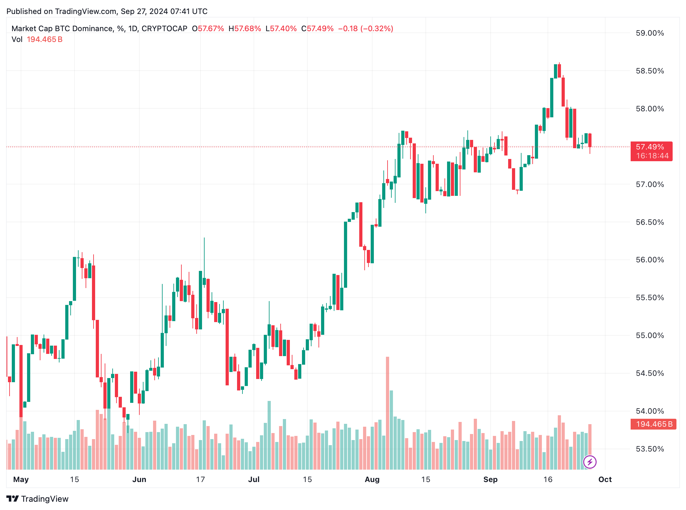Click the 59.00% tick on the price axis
(649, 33)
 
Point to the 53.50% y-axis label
(649, 449)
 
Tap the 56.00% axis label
(649, 260)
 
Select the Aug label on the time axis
(372, 479)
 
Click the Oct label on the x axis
(605, 479)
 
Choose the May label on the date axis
(21, 479)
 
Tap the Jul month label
(254, 479)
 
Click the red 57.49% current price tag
(650, 147)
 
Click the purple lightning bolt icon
(590, 462)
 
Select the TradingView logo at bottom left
(37, 499)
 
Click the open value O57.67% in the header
(208, 29)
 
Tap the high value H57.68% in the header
(245, 29)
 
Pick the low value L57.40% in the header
(281, 29)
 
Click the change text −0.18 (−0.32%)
(366, 29)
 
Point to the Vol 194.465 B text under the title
(37, 39)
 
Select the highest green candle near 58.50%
(556, 71)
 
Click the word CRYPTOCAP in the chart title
(164, 29)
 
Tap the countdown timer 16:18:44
(652, 156)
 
